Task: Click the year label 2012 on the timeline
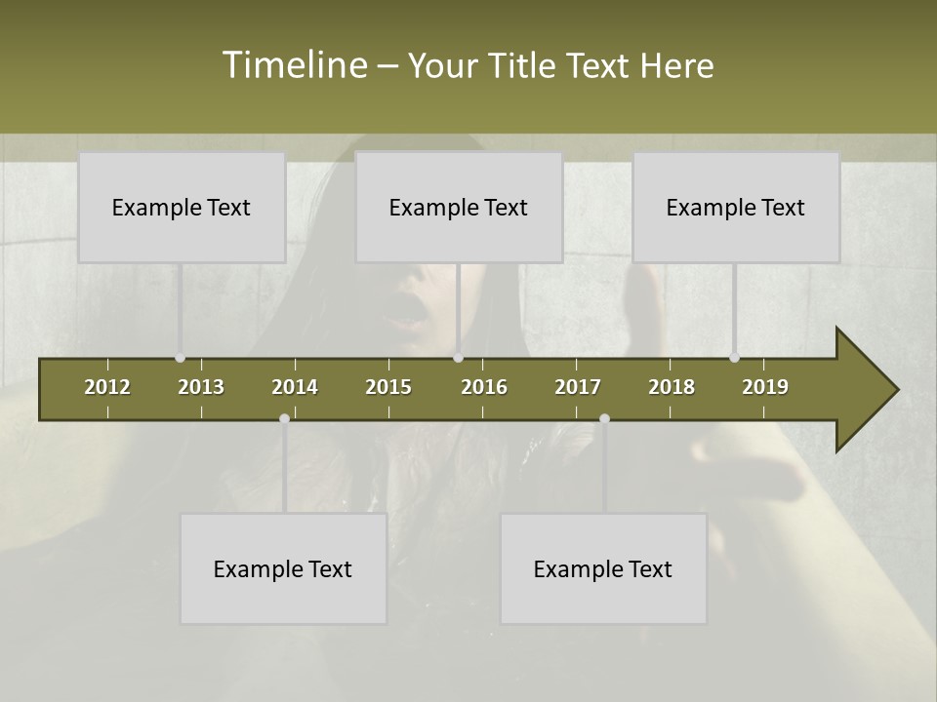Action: point(107,387)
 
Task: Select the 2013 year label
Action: point(201,387)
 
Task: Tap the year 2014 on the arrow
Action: point(295,387)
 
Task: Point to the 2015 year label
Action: point(388,387)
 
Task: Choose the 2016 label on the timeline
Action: point(484,387)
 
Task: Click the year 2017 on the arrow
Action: point(578,387)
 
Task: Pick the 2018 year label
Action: point(672,387)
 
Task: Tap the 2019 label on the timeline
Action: point(765,387)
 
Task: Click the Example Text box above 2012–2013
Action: point(182,208)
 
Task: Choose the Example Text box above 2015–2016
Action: point(459,208)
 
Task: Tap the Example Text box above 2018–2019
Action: point(736,208)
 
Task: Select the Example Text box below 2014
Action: point(283,569)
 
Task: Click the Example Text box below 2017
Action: point(603,569)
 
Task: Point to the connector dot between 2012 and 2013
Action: point(181,358)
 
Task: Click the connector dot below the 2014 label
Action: point(284,419)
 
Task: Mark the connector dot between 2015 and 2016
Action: point(458,358)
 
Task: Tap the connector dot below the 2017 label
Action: point(604,419)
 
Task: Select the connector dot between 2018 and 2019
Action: point(734,358)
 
